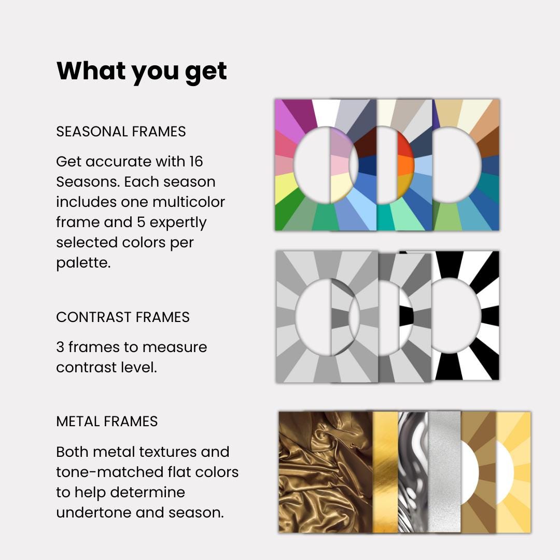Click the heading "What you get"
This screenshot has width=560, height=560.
(142, 71)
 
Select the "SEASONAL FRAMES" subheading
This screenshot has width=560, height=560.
(121, 132)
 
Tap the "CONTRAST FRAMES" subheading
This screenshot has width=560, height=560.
(123, 317)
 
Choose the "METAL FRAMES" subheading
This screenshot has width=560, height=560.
(107, 422)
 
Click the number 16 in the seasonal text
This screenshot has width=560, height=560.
(195, 162)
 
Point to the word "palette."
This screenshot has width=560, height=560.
(83, 263)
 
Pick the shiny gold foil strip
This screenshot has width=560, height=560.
(385, 472)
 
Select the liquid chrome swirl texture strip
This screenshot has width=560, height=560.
(413, 472)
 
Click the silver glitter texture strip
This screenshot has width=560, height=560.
(444, 472)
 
